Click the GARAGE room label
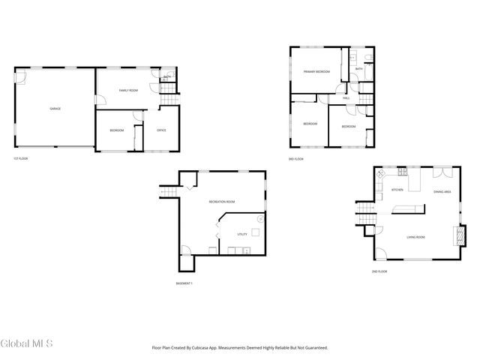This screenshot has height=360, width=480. click(55, 109)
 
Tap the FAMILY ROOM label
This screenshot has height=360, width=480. click(128, 90)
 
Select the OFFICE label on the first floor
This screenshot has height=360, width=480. click(161, 130)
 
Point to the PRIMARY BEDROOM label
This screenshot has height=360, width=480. click(317, 71)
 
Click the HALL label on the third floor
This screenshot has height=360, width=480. click(346, 98)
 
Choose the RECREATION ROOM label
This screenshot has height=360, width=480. click(222, 201)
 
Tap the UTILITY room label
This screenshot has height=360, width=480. click(242, 234)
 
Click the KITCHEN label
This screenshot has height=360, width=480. click(397, 190)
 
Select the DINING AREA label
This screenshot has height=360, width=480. click(442, 192)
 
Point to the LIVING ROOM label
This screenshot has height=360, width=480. click(415, 237)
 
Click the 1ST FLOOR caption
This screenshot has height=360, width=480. click(20, 159)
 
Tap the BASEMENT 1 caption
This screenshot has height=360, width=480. click(184, 283)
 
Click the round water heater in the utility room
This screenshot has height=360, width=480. click(260, 219)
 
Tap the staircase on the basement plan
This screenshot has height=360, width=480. click(168, 192)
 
